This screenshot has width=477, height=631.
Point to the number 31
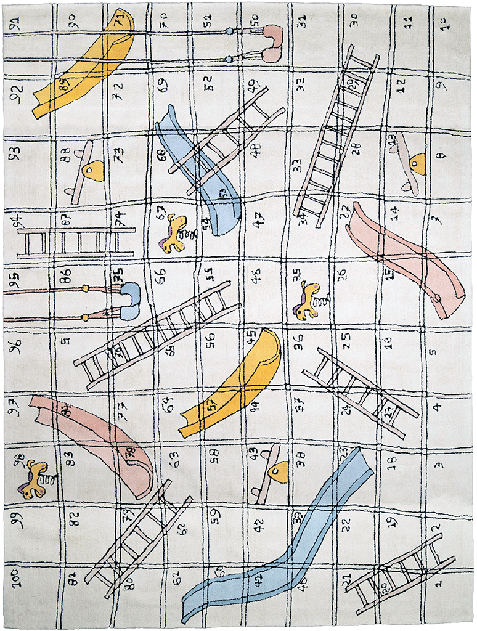(x=302, y=22)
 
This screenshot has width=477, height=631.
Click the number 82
(x=74, y=518)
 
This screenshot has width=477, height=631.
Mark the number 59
(x=214, y=513)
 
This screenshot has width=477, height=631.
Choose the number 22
(x=346, y=524)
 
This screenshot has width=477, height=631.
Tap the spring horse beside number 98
(x=35, y=479)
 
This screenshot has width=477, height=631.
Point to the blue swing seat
(x=130, y=301)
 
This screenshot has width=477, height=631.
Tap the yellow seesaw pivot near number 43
(x=279, y=471)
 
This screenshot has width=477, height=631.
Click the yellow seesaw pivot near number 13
(x=417, y=163)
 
